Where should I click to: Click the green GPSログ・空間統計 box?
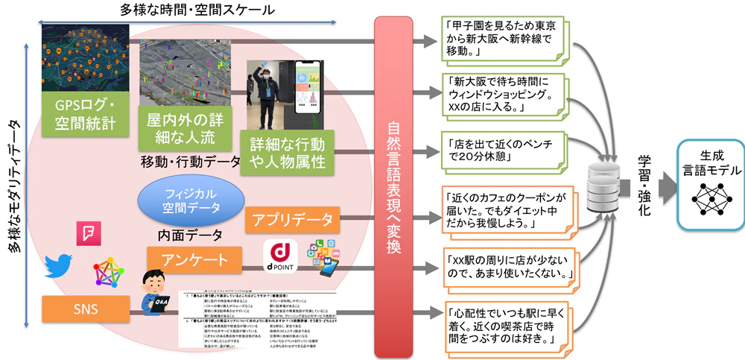(x=84, y=113)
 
